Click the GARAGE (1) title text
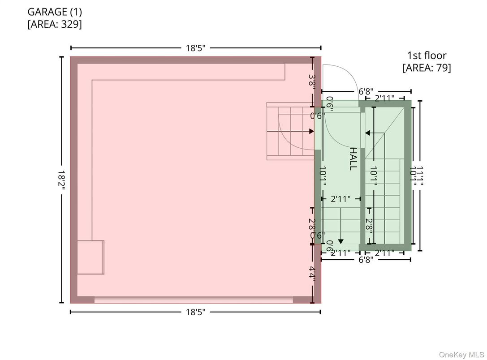point(55,12)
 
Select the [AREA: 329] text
point(55,24)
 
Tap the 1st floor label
point(426,56)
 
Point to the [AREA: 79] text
point(426,68)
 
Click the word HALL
point(353,159)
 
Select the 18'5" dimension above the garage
point(195,48)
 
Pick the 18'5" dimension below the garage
point(195,312)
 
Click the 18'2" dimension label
point(61,180)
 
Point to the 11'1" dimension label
point(420,176)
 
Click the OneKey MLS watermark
point(461,355)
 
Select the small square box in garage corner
point(91,257)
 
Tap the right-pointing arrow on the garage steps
point(311,131)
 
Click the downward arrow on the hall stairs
point(340,241)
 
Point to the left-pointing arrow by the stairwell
point(368,133)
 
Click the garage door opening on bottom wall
point(194,300)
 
